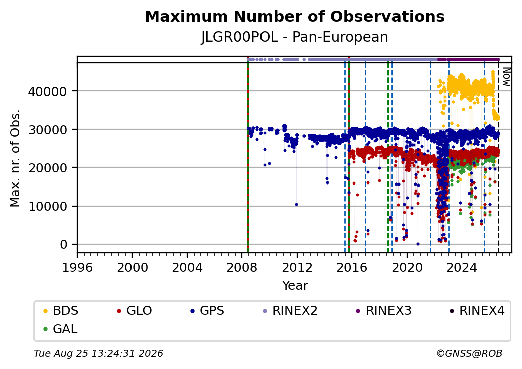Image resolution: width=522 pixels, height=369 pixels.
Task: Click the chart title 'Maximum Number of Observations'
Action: coord(295,16)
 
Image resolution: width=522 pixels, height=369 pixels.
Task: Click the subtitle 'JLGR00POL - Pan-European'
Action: coord(295,37)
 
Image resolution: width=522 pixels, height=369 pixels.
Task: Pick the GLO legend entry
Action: coord(135,311)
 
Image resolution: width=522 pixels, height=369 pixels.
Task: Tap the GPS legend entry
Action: coord(207,311)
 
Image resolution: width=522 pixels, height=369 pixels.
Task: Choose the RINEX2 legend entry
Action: coord(290,311)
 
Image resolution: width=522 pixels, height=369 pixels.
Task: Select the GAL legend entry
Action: coord(61,329)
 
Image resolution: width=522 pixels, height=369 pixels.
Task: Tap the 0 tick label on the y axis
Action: coord(64,245)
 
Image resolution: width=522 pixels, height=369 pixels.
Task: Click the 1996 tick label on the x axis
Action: coord(77,267)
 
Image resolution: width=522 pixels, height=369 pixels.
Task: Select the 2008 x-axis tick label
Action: coord(242,267)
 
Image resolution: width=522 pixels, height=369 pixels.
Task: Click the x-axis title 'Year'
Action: coord(295,286)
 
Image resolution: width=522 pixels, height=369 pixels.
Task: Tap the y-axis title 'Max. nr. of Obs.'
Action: coord(15,158)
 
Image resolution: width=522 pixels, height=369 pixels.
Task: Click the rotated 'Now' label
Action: coord(506,77)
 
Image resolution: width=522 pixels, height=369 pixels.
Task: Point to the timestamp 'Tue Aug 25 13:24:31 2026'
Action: coord(98,353)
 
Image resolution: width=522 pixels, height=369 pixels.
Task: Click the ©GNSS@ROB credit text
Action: coord(469,353)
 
